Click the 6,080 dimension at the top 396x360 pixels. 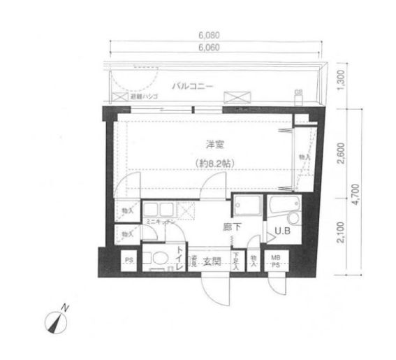[x=214, y=36]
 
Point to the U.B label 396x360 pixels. [x=282, y=231]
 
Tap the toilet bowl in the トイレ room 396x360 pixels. [x=158, y=257]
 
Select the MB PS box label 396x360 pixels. [x=277, y=261]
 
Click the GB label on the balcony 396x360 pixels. [x=298, y=92]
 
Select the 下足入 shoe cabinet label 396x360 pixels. [x=237, y=261]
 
